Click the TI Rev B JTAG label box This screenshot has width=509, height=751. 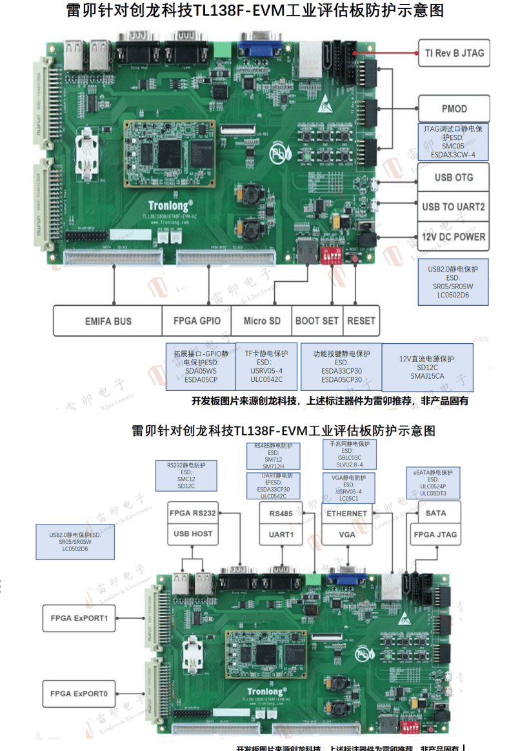click(x=454, y=53)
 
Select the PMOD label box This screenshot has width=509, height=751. click(x=454, y=108)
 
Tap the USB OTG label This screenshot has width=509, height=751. click(x=454, y=177)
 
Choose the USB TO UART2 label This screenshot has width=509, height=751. click(x=454, y=207)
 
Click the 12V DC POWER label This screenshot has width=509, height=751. click(x=454, y=237)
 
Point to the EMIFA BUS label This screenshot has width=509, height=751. click(x=108, y=321)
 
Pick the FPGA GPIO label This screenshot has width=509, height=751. click(x=197, y=321)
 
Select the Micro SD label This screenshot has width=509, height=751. click(x=262, y=321)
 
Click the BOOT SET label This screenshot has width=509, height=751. click(x=317, y=321)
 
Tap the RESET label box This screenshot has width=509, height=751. click(x=361, y=321)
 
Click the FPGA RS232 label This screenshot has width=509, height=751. click(x=193, y=514)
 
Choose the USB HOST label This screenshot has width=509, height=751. click(x=193, y=534)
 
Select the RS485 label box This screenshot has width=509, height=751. click(x=281, y=514)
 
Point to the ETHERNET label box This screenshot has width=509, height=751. click(x=347, y=514)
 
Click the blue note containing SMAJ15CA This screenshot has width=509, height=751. click(x=427, y=366)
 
